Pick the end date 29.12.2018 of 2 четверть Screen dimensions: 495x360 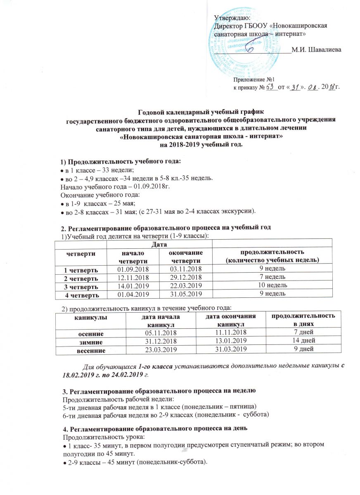[185, 277]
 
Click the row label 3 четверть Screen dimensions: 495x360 [80, 285]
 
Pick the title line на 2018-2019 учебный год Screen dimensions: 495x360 [201, 145]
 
